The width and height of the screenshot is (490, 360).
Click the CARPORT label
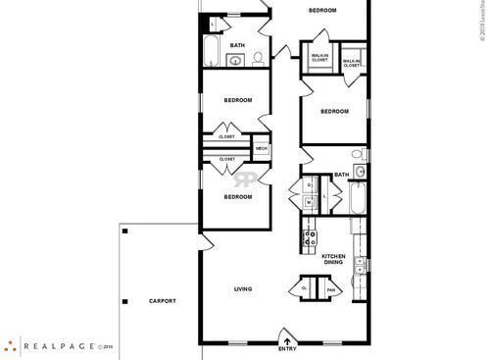[x=163, y=301]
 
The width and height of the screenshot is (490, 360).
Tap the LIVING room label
[x=244, y=288]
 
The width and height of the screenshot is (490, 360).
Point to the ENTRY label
[x=287, y=349]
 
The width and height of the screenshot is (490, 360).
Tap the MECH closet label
[x=262, y=148]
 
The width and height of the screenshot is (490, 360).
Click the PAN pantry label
[x=331, y=288]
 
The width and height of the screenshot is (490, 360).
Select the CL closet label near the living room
[x=305, y=288]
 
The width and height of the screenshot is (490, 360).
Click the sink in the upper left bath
[x=235, y=61]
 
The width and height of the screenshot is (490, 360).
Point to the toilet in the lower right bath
[x=360, y=155]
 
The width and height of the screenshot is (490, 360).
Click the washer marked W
[x=309, y=203]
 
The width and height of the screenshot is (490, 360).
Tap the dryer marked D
[x=309, y=184]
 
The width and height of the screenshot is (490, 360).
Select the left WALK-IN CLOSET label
[x=319, y=58]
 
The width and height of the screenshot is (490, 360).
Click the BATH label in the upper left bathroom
[x=237, y=45]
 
